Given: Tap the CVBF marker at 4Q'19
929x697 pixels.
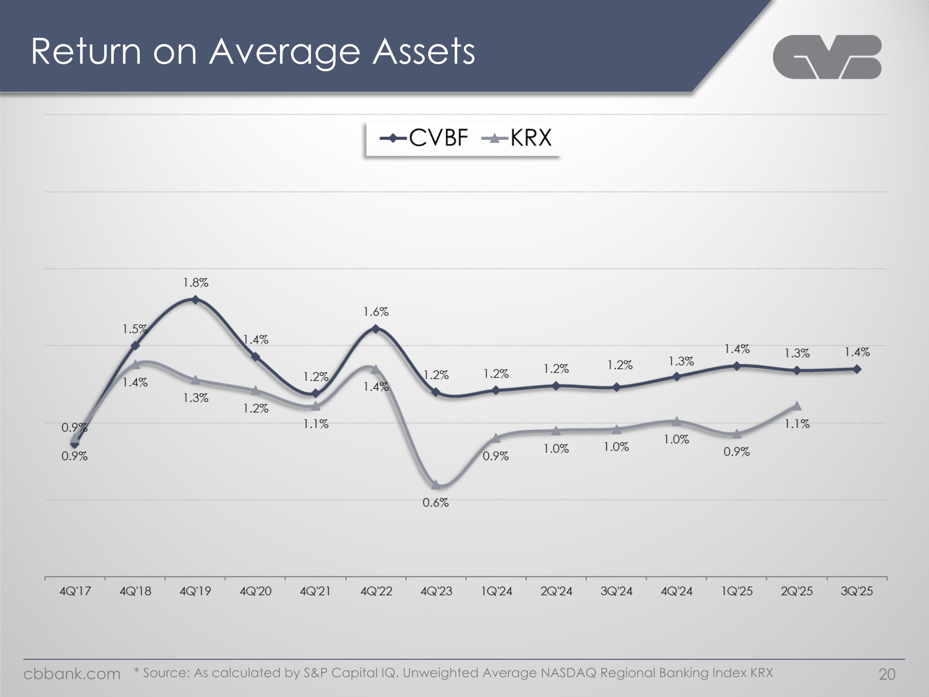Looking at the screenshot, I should tap(195, 300).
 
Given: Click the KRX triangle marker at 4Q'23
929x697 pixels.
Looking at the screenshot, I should tap(436, 485).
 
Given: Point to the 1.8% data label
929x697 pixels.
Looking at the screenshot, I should tap(196, 283).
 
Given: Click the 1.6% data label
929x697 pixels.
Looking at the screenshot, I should tap(376, 312).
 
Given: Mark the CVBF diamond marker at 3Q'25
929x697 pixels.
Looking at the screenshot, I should tap(857, 369).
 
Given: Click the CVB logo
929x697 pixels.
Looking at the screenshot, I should tap(827, 57).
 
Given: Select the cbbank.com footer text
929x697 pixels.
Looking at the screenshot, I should tap(72, 674).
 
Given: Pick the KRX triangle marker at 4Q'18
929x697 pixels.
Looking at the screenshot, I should tap(135, 364).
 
